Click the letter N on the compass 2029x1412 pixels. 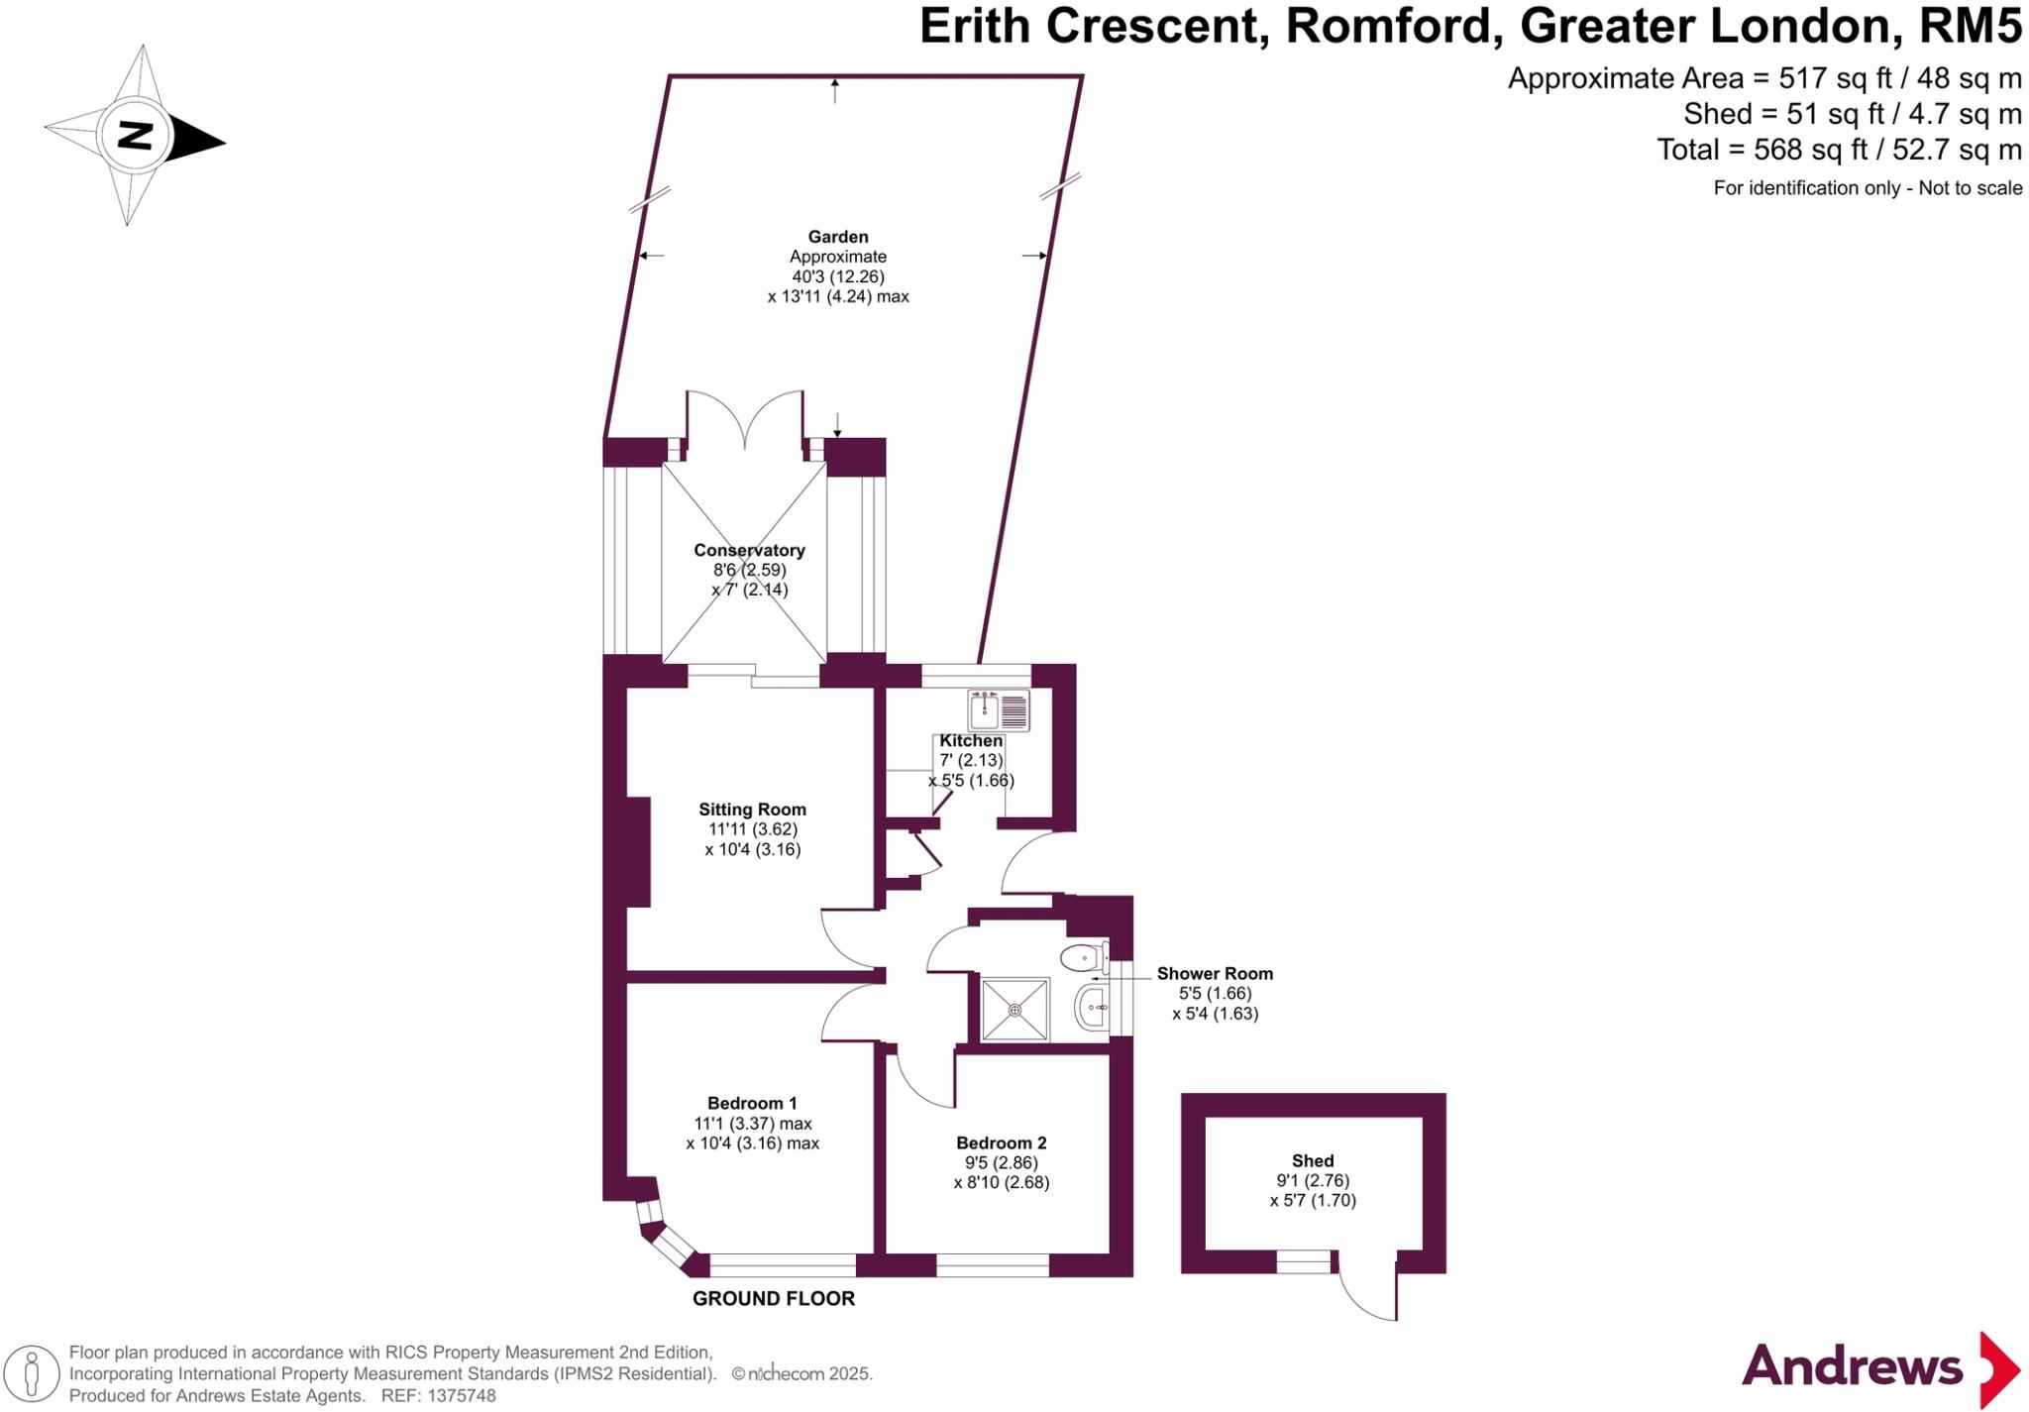pos(135,135)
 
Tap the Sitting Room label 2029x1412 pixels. pos(752,810)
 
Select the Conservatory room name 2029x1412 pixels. pos(749,550)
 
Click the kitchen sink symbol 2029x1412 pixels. pos(999,709)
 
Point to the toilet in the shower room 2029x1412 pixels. pos(1084,958)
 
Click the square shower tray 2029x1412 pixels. pos(1014,1010)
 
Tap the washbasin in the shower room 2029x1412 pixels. pos(1092,1008)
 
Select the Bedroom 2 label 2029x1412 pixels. pos(1001,1142)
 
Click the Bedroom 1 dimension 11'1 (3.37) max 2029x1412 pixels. pos(753,1124)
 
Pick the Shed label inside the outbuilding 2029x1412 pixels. pos(1313,1160)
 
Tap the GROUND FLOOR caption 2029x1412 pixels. pos(773,1298)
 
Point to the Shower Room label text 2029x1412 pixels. pos(1215,973)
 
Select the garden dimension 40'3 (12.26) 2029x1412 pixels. pos(838,276)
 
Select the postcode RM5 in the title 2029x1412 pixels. pos(1970,27)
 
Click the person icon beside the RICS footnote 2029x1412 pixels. pos(32,1373)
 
